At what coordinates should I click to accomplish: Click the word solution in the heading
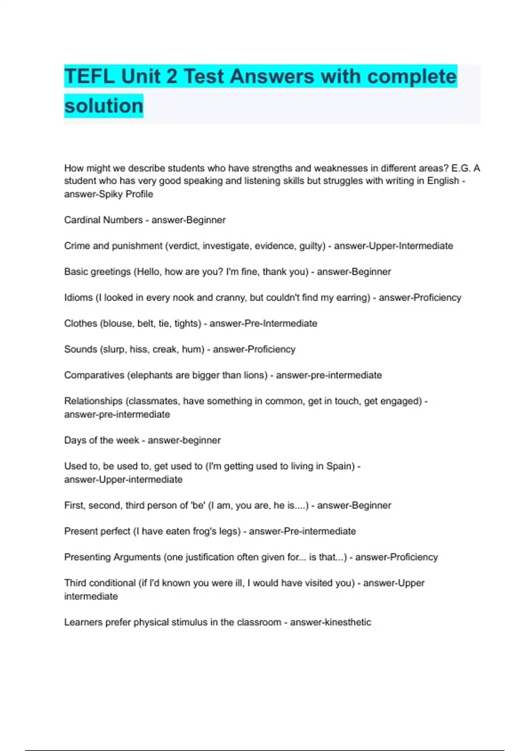click(104, 106)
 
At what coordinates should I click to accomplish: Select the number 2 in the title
click(171, 76)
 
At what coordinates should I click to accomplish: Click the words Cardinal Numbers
click(103, 220)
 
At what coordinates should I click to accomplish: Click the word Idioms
click(78, 297)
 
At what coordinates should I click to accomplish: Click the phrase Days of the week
click(102, 440)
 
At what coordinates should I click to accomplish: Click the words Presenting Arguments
click(112, 557)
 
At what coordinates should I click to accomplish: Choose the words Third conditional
click(100, 583)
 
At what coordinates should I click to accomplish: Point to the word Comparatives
click(94, 375)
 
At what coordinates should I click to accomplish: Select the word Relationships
click(93, 401)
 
